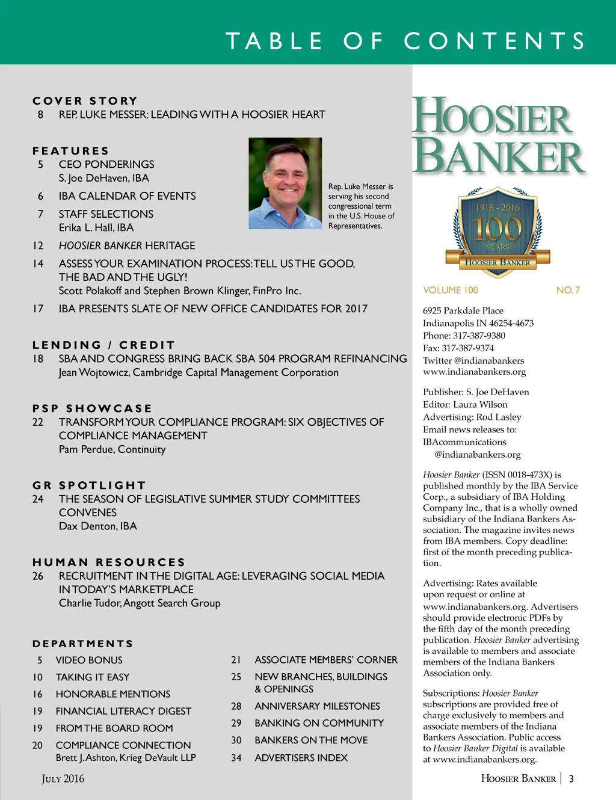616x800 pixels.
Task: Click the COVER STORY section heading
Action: pos(85,100)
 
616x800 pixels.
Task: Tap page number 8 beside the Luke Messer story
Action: pos(40,114)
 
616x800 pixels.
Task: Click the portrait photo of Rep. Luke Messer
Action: pos(285,183)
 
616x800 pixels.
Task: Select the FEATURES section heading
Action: pos(71,150)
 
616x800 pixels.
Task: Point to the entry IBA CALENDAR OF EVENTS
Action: pos(127,196)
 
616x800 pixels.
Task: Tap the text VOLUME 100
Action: pos(450,290)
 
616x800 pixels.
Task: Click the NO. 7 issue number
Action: pos(568,290)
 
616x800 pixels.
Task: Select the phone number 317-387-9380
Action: pos(479,336)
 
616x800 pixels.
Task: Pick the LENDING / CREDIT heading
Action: pos(103,345)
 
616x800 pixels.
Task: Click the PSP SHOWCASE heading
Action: pos(92,408)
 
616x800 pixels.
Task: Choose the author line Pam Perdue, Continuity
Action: pos(112,449)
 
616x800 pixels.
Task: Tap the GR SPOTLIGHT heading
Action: pos(89,485)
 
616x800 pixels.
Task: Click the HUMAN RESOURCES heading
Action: pos(109,562)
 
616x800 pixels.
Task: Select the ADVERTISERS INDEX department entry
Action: pos(301,757)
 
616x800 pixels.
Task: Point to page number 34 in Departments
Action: pos(236,758)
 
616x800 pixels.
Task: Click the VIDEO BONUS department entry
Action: pos(89,660)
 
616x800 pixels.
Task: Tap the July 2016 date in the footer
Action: pos(63,778)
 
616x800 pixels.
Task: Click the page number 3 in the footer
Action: pos(571,778)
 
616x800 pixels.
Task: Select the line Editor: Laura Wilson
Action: pos(465,404)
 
